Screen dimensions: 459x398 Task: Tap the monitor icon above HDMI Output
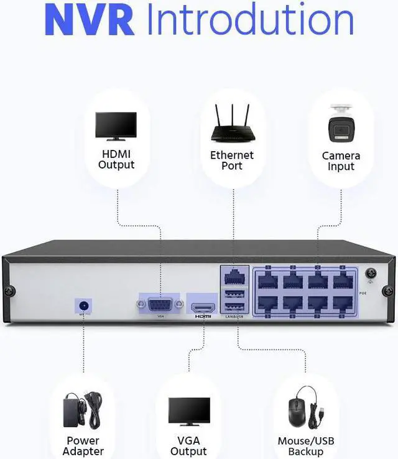click(x=116, y=126)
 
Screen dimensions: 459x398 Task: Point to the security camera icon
click(x=341, y=125)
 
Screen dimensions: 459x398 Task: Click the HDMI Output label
click(x=116, y=159)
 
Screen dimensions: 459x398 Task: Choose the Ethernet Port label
click(x=232, y=160)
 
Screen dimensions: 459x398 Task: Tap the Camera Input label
click(x=341, y=161)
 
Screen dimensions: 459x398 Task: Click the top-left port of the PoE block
click(x=269, y=280)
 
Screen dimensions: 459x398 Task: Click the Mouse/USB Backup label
click(x=306, y=446)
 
